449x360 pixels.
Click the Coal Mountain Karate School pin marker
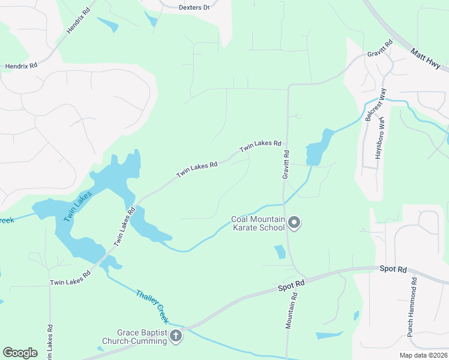294,223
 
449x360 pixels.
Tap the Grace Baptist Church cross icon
176,336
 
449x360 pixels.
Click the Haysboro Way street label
379,139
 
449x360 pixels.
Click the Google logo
20,353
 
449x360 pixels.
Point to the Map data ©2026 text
423,355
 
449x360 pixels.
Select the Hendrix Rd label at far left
22,65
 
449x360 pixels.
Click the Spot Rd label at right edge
393,270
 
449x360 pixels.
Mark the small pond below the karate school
280,252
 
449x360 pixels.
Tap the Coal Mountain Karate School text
258,223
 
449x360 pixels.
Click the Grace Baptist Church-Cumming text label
142,337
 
